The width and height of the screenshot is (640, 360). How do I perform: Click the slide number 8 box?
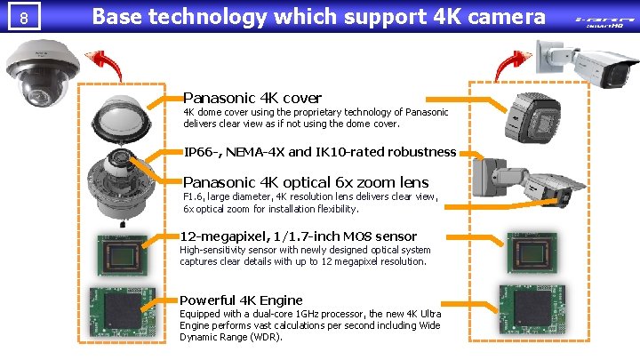(x=27, y=16)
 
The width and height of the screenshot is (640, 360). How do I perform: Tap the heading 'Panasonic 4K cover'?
(x=252, y=98)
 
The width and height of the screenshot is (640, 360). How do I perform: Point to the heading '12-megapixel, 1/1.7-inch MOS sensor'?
(x=299, y=236)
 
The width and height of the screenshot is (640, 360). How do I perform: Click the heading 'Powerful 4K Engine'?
(x=242, y=300)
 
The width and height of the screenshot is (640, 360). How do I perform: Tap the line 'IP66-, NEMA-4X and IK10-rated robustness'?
(x=320, y=152)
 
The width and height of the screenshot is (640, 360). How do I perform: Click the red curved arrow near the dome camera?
(x=108, y=66)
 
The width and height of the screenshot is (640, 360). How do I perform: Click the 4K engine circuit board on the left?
(x=122, y=313)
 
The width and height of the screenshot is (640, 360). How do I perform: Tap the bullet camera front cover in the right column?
(x=533, y=122)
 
